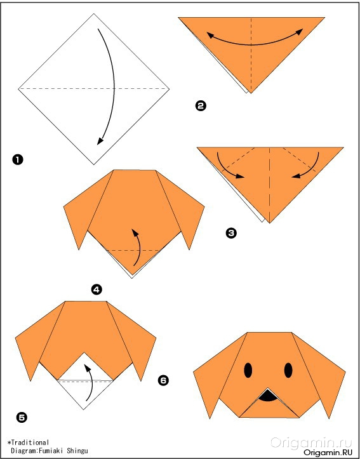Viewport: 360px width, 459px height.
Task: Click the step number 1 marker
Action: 18,160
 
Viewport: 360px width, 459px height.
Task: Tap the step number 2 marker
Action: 201,105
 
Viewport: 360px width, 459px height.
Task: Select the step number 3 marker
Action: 231,233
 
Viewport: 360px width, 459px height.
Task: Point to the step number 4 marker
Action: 97,289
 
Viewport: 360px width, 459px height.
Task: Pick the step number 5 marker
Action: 22,417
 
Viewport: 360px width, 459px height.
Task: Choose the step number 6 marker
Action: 163,380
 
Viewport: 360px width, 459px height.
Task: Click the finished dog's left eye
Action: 248,370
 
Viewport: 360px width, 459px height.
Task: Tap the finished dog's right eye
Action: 288,370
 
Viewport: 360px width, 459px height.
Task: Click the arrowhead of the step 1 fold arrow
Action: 100,141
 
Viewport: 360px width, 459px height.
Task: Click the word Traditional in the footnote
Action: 29,442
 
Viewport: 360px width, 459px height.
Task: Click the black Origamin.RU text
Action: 328,452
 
